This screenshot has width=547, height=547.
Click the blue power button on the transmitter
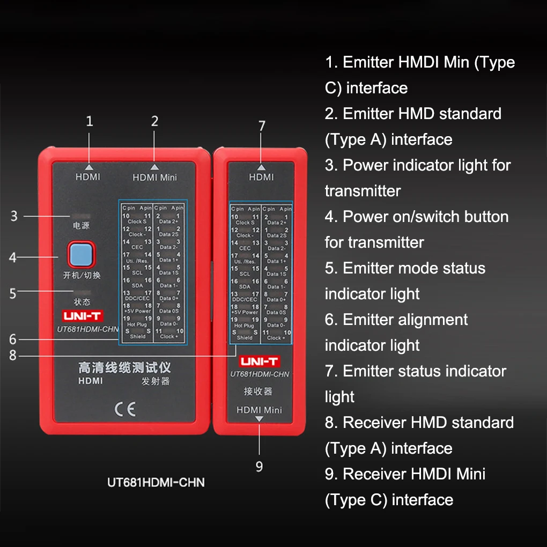80,255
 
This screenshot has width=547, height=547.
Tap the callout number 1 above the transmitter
90,122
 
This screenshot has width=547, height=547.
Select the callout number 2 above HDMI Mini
154,122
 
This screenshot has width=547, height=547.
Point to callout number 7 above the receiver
261,127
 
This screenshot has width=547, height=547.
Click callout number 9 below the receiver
259,467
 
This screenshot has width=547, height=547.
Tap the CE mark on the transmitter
124,410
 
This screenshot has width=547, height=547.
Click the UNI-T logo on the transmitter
83,316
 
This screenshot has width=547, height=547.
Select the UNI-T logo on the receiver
259,361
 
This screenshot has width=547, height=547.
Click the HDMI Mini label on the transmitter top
154,178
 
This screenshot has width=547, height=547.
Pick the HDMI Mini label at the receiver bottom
260,410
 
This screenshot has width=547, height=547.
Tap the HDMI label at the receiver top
261,177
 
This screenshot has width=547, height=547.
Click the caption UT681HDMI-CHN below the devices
156,482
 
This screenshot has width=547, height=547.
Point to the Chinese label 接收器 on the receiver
258,391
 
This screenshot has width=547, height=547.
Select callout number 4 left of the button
13,257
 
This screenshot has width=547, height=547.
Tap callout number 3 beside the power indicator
14,216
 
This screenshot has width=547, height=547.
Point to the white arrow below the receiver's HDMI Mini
260,419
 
